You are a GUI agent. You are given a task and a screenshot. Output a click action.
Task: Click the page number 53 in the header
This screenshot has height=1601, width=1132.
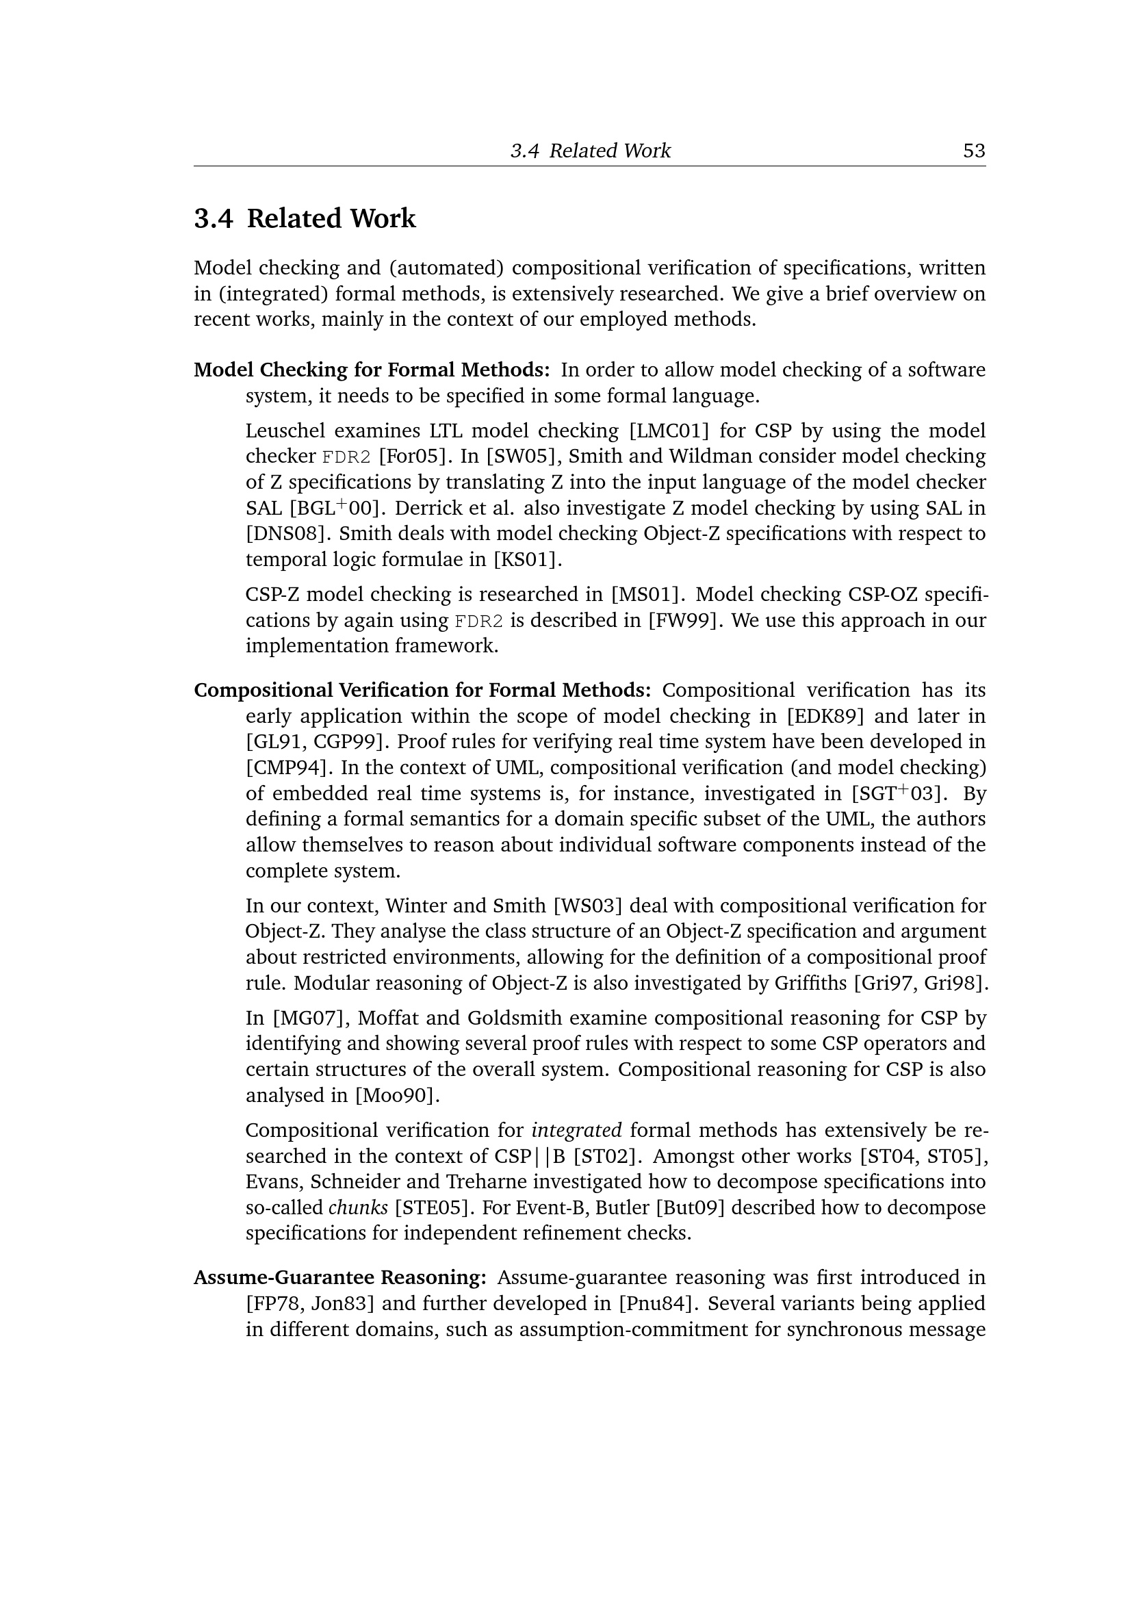click(973, 151)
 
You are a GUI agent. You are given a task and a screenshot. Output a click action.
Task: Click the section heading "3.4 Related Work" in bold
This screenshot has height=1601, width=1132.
click(305, 218)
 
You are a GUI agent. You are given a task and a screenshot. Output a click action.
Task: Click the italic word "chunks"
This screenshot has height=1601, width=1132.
click(357, 1207)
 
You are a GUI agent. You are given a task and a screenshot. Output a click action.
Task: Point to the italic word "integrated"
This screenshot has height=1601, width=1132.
click(576, 1130)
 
